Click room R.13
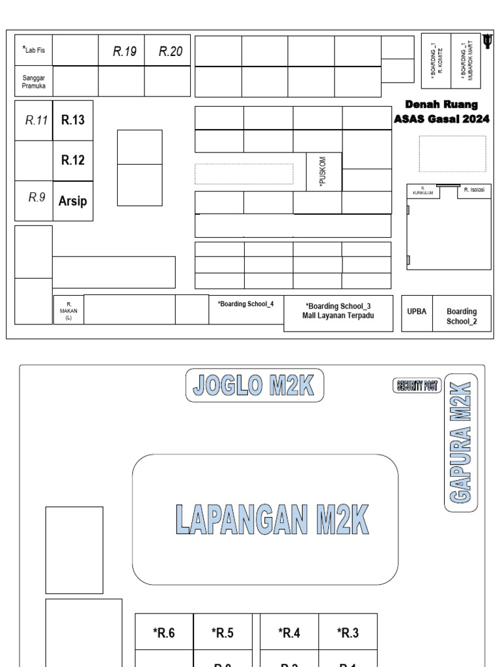click(73, 120)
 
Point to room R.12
click(73, 160)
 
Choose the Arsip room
click(73, 201)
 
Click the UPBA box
click(417, 311)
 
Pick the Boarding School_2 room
click(462, 316)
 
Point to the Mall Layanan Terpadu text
click(338, 315)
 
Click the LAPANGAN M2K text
click(271, 519)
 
